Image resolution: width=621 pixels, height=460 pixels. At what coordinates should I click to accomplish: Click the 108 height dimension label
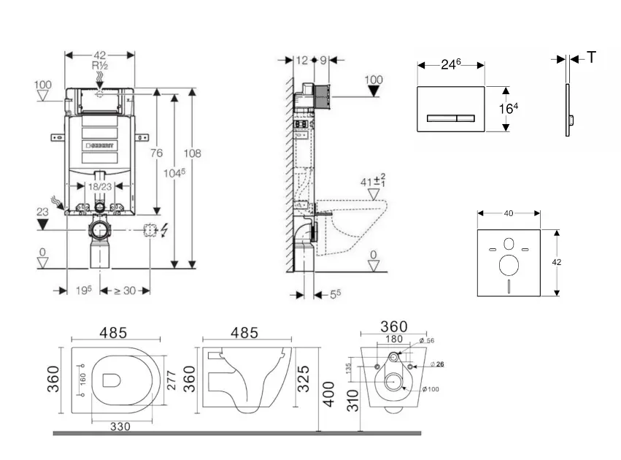click(193, 154)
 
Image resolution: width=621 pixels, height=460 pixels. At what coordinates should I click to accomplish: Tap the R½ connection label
click(100, 66)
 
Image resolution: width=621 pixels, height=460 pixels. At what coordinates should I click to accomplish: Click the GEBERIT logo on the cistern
click(101, 145)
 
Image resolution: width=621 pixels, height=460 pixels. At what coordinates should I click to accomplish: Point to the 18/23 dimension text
click(101, 187)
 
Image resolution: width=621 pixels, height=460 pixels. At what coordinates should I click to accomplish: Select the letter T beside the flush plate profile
click(591, 58)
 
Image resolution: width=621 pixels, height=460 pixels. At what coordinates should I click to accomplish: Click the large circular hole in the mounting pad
click(509, 264)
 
